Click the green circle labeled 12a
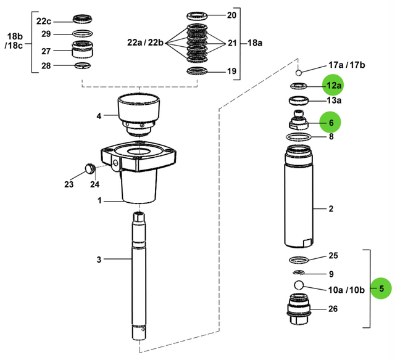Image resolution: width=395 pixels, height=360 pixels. [334, 84]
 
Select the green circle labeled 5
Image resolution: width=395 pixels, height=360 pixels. [382, 288]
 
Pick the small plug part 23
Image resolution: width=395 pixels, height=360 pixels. [88, 167]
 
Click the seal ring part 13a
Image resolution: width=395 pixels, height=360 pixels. [299, 100]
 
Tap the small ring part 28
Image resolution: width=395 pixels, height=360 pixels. [83, 66]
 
